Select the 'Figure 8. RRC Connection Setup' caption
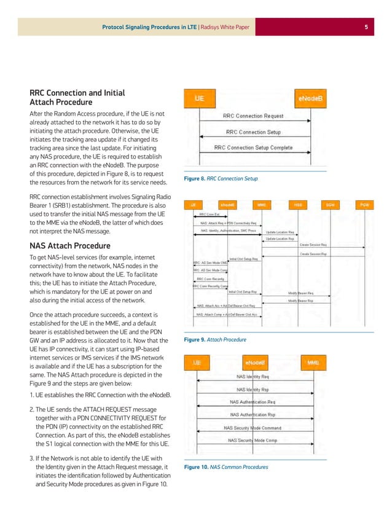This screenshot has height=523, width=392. pos(221,179)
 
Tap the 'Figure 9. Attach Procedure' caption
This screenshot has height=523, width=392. pos(215,339)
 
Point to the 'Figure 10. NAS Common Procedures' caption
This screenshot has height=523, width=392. pos(226,467)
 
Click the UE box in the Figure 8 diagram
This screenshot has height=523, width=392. pos(200,98)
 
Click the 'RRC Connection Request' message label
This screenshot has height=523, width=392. pos(253,116)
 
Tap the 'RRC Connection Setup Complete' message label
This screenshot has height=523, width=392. pos(253,147)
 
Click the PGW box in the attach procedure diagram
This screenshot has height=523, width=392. pos(364,204)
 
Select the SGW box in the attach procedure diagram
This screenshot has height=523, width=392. pos(331,204)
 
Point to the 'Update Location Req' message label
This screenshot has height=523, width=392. pos(280,232)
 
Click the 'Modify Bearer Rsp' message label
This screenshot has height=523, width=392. pos(301,301)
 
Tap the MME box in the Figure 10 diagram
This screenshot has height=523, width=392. pos(312,363)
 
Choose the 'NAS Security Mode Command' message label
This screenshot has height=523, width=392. pos(253,428)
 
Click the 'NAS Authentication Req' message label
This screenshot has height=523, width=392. pos(253,402)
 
